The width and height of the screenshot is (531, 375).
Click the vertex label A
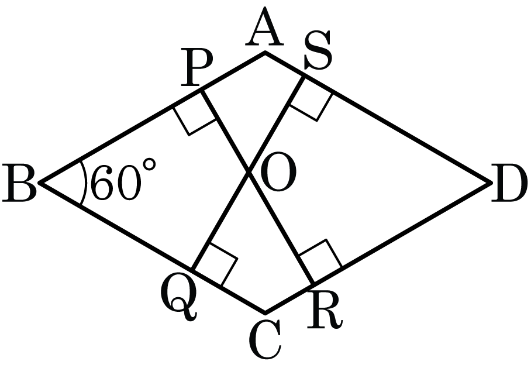pyautogui.click(x=264, y=27)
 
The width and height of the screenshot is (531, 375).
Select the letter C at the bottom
pyautogui.click(x=264, y=339)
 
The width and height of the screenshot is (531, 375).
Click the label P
pyautogui.click(x=196, y=67)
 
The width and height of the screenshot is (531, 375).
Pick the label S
pyautogui.click(x=318, y=51)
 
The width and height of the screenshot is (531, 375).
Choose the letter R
pyautogui.click(x=325, y=310)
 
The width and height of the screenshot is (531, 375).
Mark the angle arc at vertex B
pyautogui.click(x=85, y=183)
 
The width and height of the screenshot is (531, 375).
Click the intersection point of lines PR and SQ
pyautogui.click(x=250, y=173)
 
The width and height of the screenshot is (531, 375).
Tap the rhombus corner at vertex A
pyautogui.click(x=265, y=52)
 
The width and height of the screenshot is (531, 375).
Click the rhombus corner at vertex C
pyautogui.click(x=265, y=312)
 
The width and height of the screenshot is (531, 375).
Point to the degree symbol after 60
pyautogui.click(x=149, y=164)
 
